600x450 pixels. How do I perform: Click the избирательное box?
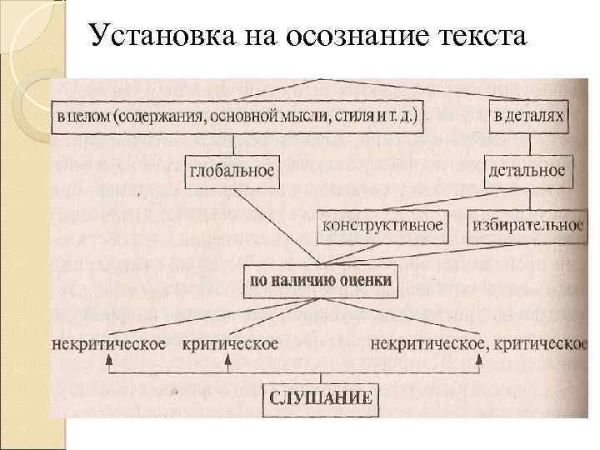pos(527,223)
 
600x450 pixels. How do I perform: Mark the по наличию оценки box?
pos(321,281)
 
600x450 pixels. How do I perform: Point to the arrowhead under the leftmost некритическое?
pos(109,360)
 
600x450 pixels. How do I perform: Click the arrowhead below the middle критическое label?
pos(227,360)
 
